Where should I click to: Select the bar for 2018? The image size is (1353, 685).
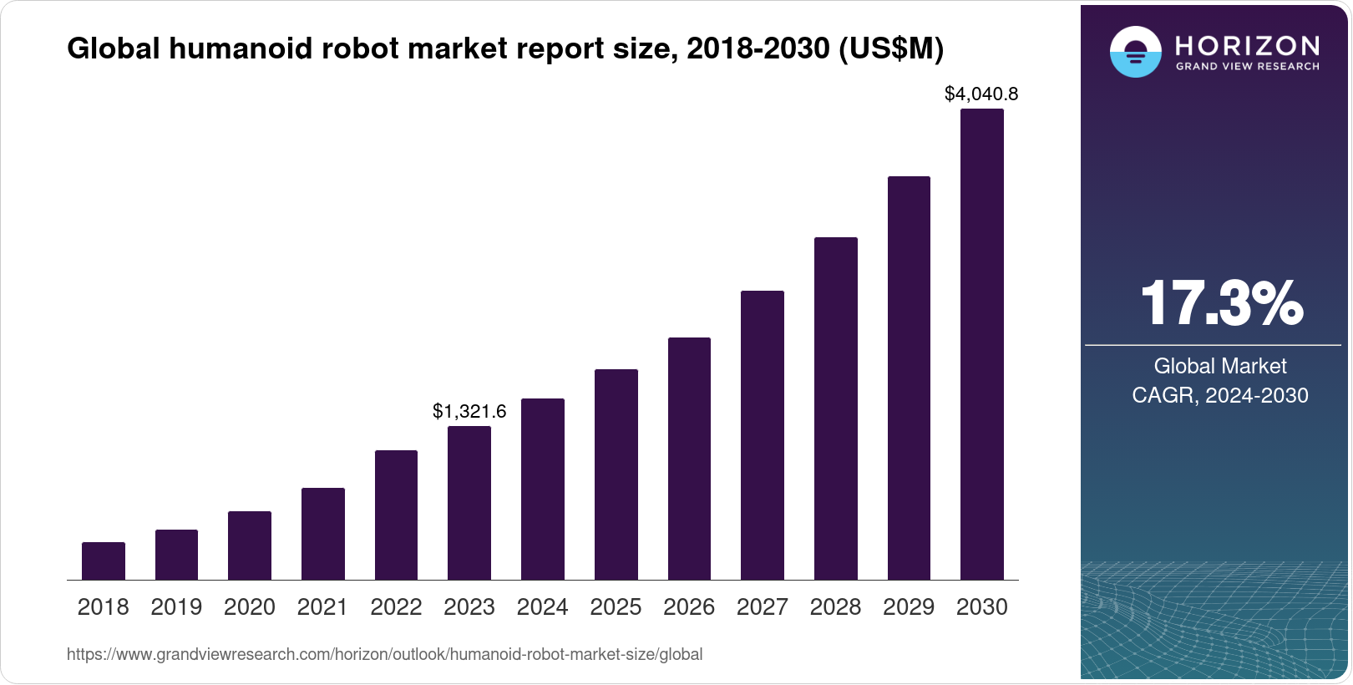coord(103,561)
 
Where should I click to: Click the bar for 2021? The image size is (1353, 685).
coord(322,534)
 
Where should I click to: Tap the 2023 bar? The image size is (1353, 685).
coord(469,503)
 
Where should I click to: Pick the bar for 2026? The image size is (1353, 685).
coord(689,459)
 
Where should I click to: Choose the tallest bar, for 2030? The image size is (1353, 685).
coord(981,344)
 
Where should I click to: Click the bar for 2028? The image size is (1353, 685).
coord(835,408)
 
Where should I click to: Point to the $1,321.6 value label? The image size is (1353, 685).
coord(469,411)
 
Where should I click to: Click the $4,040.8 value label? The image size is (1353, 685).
coord(981,94)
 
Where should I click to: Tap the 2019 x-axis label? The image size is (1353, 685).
coord(176,607)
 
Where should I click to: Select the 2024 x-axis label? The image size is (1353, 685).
coord(542,607)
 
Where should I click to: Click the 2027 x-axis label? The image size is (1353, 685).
coord(762,607)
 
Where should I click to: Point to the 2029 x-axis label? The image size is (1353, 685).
coord(909,607)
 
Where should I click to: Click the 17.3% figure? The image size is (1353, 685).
coord(1220,303)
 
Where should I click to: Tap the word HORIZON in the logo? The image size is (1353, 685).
coord(1247,45)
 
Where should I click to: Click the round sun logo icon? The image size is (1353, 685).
coord(1135,52)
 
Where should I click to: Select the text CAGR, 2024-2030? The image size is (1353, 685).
coord(1219,395)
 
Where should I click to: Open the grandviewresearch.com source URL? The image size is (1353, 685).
coord(384,655)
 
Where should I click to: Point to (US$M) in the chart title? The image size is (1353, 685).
coord(890,49)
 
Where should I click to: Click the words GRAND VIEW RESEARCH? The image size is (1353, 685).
coord(1247,67)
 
